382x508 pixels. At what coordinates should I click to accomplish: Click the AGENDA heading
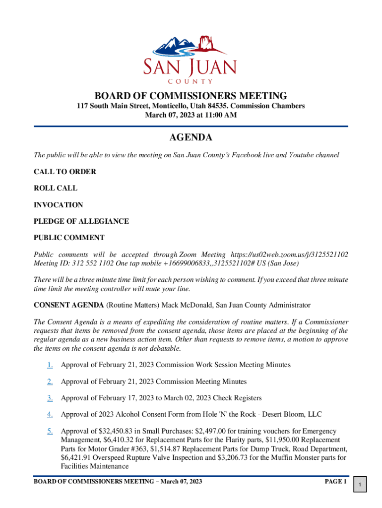coord(191,137)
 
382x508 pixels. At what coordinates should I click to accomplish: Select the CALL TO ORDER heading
coord(65,172)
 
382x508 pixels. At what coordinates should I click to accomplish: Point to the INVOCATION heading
coord(58,204)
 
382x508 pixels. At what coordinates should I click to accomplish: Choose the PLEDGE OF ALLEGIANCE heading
coord(81,221)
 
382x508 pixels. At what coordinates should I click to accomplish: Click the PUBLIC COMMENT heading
coord(69,237)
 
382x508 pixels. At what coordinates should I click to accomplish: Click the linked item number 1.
coord(50,365)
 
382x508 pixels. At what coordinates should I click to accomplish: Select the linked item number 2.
coord(50,381)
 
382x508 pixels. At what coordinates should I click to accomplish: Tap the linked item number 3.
coord(50,398)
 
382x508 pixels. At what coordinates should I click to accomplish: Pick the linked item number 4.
coord(50,414)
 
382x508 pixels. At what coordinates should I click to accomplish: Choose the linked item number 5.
coord(50,431)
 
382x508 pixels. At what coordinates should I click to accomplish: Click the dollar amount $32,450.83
coord(118,431)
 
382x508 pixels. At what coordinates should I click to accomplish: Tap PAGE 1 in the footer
coord(335,482)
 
